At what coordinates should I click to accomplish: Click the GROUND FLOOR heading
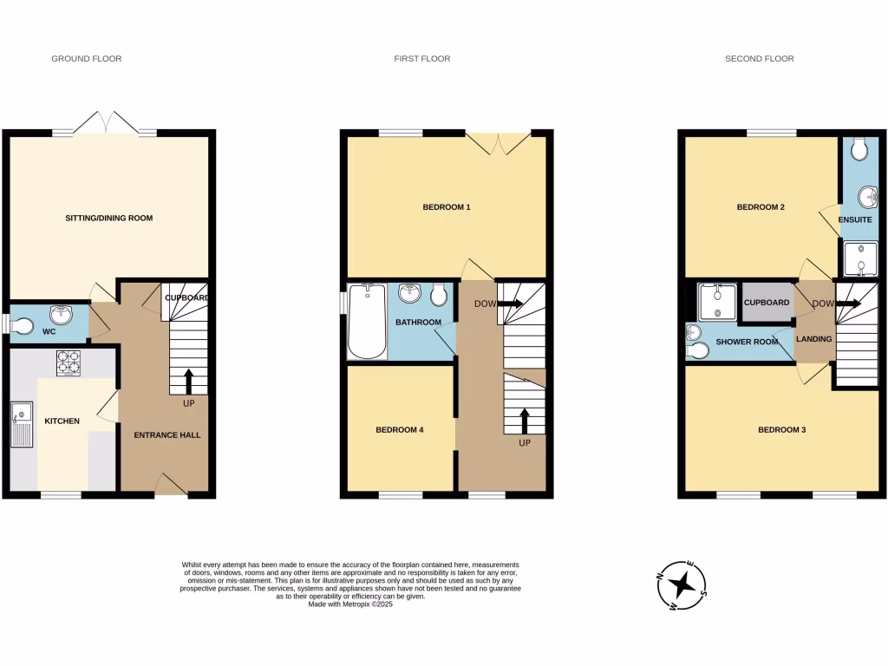click(x=87, y=59)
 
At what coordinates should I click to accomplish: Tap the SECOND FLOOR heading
click(x=760, y=59)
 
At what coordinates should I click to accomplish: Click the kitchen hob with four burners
click(x=69, y=362)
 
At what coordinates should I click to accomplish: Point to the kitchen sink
click(x=22, y=424)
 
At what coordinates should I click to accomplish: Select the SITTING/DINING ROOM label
click(x=109, y=218)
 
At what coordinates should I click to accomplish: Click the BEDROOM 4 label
click(x=400, y=430)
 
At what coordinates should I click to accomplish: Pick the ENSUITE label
click(x=855, y=220)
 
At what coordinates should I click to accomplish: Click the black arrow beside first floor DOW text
click(x=511, y=304)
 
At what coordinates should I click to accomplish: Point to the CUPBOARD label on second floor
click(x=767, y=303)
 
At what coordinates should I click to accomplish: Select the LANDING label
click(x=813, y=339)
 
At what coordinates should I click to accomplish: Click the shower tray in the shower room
click(x=717, y=300)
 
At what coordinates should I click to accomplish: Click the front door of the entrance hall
click(x=170, y=486)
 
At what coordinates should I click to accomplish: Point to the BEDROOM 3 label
click(x=781, y=430)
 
